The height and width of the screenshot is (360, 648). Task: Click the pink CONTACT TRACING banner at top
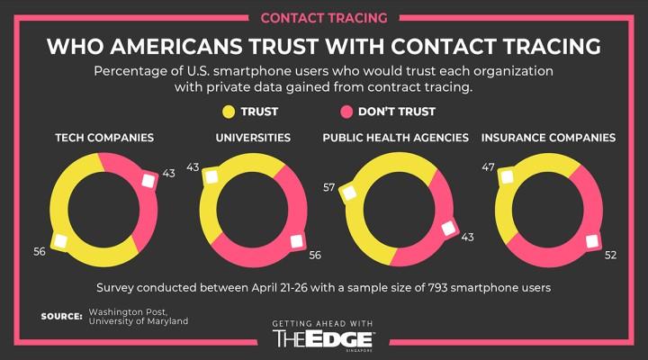click(323, 17)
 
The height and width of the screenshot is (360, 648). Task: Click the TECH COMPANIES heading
click(104, 138)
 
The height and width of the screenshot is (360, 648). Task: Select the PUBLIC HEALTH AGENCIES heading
click(396, 138)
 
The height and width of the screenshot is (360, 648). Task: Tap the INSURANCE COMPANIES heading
click(548, 138)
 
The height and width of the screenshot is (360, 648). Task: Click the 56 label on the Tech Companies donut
click(40, 251)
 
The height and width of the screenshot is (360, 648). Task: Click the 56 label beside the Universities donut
click(315, 255)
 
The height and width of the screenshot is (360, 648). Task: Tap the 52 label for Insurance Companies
click(610, 255)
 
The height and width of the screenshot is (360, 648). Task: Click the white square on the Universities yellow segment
click(211, 178)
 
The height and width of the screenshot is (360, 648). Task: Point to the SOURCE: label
click(61, 316)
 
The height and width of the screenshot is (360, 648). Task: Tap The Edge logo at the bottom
click(323, 337)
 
